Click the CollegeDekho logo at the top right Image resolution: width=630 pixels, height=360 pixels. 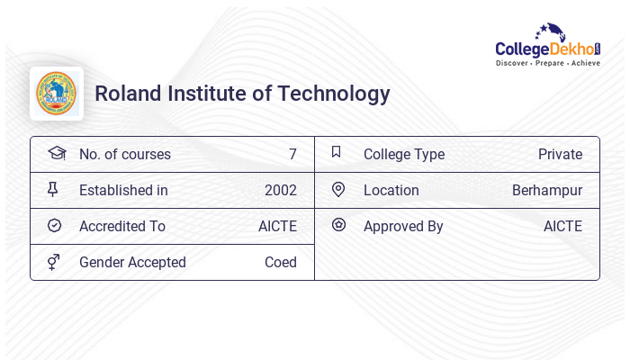click(548, 45)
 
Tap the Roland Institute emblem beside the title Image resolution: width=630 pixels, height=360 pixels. click(57, 94)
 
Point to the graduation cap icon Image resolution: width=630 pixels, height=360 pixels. click(56, 154)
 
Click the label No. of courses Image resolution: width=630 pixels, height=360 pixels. click(125, 154)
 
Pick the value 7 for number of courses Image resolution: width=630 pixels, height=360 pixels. click(292, 154)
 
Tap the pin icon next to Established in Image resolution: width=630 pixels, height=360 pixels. click(53, 190)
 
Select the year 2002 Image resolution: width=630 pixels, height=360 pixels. click(280, 190)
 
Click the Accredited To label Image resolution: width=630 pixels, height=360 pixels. click(122, 226)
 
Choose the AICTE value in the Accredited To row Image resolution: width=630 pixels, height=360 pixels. click(277, 226)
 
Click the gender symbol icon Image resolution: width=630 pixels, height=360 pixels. click(53, 262)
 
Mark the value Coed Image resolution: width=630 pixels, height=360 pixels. click(280, 262)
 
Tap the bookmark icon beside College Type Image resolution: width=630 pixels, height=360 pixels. click(336, 153)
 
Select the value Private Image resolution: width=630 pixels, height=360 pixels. click(560, 154)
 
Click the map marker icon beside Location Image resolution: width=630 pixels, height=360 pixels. click(338, 189)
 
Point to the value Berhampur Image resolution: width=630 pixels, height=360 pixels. click(547, 190)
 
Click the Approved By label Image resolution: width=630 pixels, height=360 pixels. click(403, 226)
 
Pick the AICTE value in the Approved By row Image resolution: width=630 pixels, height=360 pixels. click(562, 226)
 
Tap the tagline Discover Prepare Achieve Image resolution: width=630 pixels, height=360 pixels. click(548, 64)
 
